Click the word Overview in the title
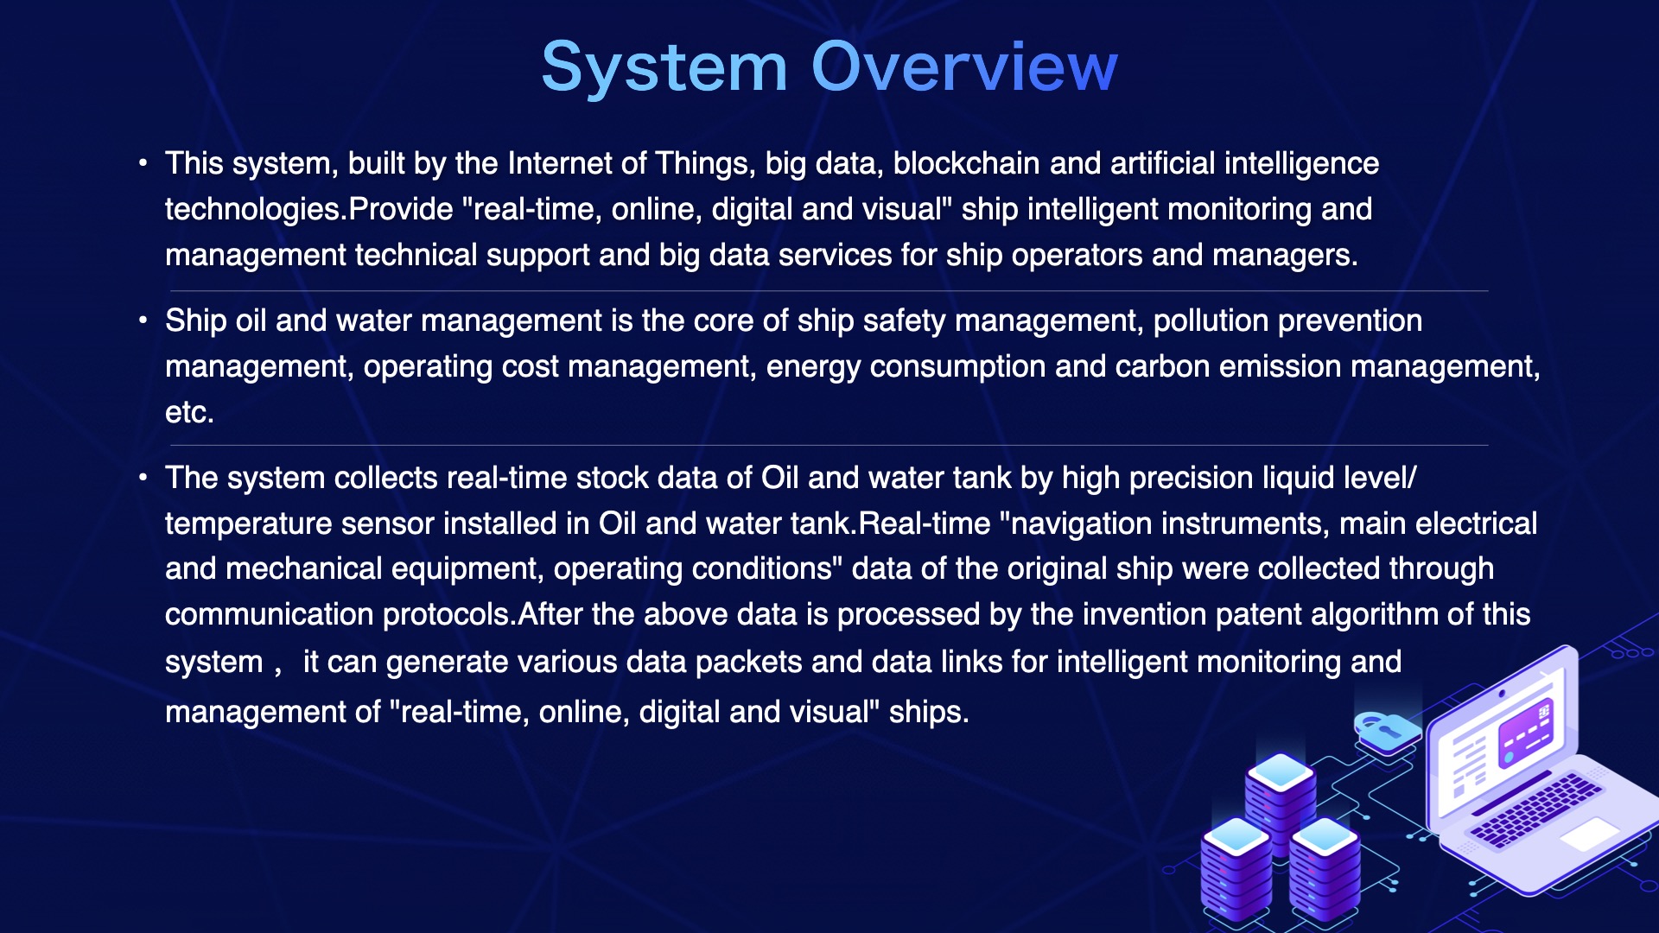click(x=964, y=67)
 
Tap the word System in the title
click(x=664, y=67)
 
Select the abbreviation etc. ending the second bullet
click(x=189, y=413)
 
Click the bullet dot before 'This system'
click(x=143, y=162)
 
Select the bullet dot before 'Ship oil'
click(x=143, y=321)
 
